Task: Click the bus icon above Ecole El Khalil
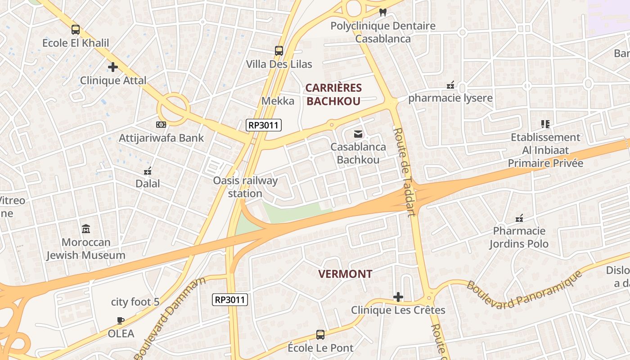coord(76,30)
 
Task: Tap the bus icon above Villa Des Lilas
coord(279,51)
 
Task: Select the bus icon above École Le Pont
coord(320,335)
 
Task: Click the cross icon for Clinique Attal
coord(113,67)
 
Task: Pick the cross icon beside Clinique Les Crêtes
coord(398,297)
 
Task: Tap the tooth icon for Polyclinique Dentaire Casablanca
coord(383,13)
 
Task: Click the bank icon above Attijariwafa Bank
coord(161,125)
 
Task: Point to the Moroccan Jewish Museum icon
coord(86,229)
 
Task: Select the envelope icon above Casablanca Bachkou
coord(358,134)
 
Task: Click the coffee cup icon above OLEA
coord(121,320)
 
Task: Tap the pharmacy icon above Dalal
coord(148,171)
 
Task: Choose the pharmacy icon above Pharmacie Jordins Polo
coord(519,218)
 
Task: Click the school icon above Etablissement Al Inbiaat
coord(545,124)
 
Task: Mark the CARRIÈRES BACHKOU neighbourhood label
coord(333,94)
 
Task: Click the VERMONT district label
coord(345,274)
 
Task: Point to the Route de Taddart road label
coord(404,172)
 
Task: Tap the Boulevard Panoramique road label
coord(524,290)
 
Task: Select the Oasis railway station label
coord(245,187)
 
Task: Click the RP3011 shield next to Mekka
coord(263,125)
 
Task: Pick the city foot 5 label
coord(135,301)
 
